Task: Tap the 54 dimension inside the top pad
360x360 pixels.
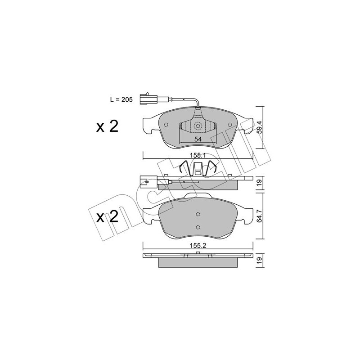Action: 198,139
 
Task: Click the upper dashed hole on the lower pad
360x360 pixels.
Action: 198,214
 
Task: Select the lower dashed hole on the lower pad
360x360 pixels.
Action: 198,227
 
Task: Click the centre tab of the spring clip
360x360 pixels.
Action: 198,169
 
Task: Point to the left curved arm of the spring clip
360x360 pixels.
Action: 181,169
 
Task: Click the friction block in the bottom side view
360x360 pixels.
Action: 198,262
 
